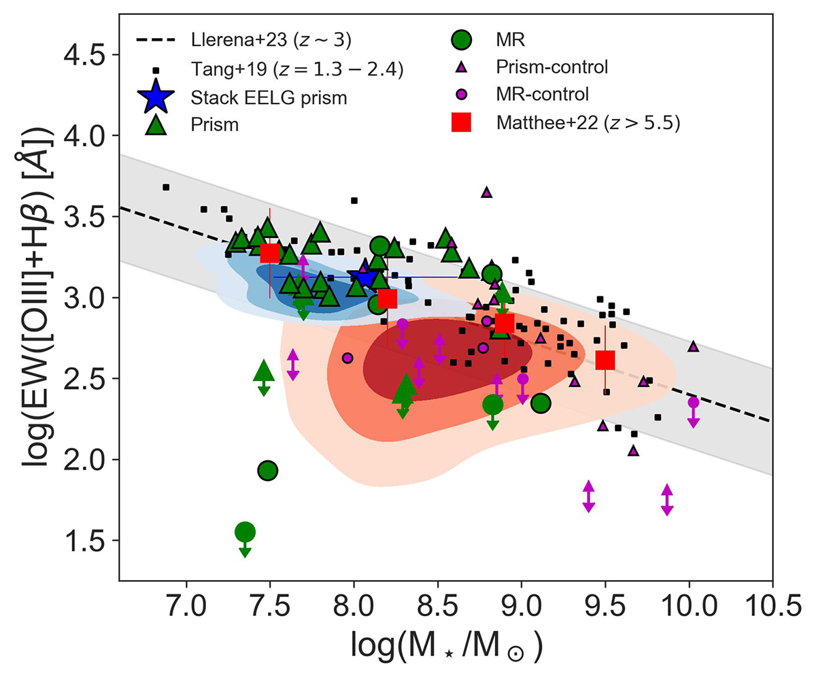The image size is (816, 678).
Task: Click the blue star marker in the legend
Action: coord(156,97)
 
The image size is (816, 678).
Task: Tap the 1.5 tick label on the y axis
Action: coord(86,541)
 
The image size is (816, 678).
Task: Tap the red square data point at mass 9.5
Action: coord(605,360)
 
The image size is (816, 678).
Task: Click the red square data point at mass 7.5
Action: coord(270,252)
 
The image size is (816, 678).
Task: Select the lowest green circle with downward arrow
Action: coord(245,532)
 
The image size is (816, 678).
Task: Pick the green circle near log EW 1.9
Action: coord(267,470)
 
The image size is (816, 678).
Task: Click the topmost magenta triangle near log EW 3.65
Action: coord(486,192)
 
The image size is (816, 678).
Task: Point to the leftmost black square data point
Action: coord(166,187)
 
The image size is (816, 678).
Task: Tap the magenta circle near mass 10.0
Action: coord(693,403)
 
